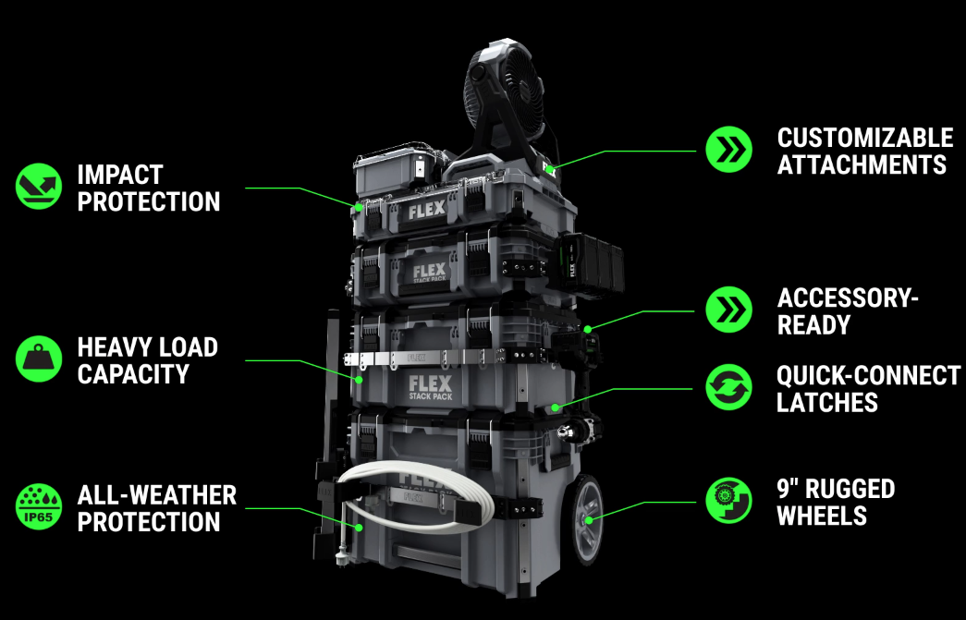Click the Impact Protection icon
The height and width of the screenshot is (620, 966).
[39, 187]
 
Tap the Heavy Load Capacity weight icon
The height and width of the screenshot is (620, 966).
[39, 359]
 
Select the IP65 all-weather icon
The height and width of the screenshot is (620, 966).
[39, 506]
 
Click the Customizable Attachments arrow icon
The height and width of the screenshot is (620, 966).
[728, 150]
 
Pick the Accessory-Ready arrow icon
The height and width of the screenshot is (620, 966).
[728, 310]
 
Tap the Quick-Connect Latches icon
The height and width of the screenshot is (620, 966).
[728, 387]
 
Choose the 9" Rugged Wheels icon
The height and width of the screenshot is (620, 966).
[728, 500]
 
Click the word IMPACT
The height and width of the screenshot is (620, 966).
[120, 175]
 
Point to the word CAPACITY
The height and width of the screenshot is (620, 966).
[133, 374]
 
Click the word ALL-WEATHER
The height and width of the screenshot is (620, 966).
[157, 495]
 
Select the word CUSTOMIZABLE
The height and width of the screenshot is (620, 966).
[865, 138]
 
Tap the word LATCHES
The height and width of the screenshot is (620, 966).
[827, 403]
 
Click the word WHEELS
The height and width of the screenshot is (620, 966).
[822, 516]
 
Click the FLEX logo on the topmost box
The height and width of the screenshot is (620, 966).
[426, 210]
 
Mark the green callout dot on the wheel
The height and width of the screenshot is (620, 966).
[589, 520]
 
